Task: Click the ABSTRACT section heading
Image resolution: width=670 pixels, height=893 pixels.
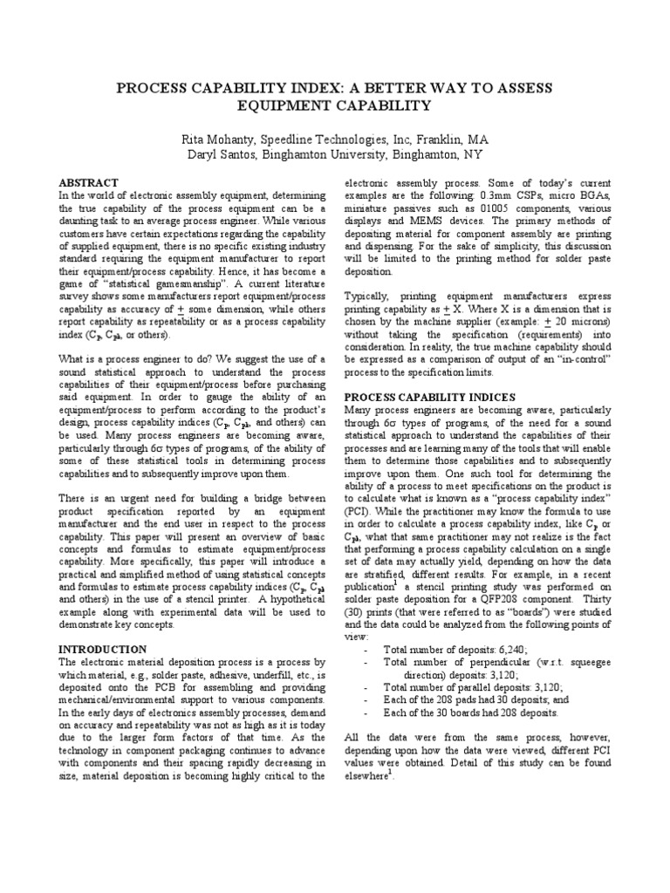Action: coord(87,183)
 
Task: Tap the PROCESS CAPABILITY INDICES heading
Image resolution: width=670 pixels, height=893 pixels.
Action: coord(429,397)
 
